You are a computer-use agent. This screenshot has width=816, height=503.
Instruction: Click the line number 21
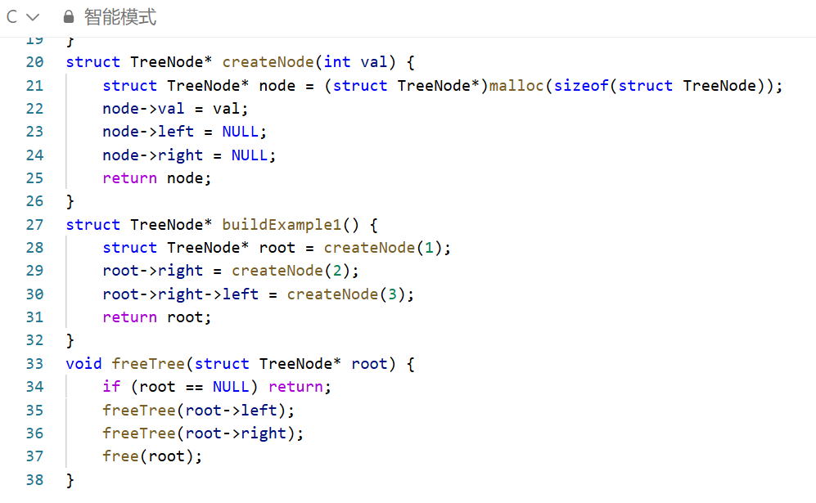click(x=34, y=86)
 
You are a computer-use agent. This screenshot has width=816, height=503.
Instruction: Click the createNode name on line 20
click(x=268, y=62)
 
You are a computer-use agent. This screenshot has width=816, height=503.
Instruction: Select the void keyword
click(x=84, y=363)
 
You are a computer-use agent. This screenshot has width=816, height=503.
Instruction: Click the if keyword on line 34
click(x=111, y=387)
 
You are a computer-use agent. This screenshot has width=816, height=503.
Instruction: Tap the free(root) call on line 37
click(x=152, y=456)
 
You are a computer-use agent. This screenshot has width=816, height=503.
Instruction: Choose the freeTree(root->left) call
click(x=198, y=410)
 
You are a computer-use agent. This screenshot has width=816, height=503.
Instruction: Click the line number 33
click(x=34, y=363)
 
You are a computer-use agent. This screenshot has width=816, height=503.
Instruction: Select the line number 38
click(x=34, y=480)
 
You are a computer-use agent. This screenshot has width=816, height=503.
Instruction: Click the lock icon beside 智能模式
click(x=69, y=17)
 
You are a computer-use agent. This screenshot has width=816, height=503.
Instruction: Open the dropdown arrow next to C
click(x=33, y=17)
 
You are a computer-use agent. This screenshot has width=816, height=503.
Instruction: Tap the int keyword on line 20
click(x=337, y=62)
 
